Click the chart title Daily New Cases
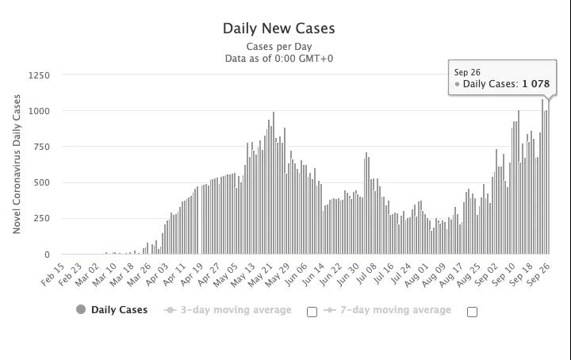pyautogui.click(x=278, y=29)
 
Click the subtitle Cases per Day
pyautogui.click(x=278, y=47)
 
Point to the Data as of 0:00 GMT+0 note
pyautogui.click(x=278, y=58)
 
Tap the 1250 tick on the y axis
pyautogui.click(x=39, y=75)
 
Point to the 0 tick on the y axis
pyautogui.click(x=47, y=255)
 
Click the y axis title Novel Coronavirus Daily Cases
pyautogui.click(x=17, y=165)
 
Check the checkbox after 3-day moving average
pyautogui.click(x=312, y=312)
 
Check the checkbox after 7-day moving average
pyautogui.click(x=472, y=312)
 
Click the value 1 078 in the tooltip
pyautogui.click(x=535, y=84)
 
